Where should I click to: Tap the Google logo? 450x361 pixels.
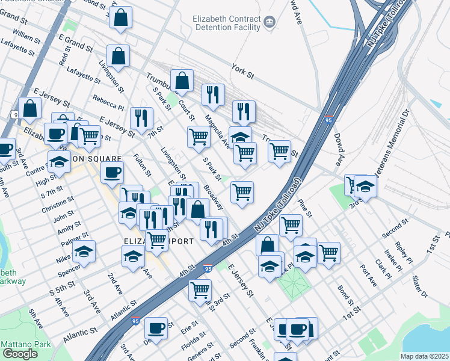click(20, 353)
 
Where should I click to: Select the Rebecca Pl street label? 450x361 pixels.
click(108, 103)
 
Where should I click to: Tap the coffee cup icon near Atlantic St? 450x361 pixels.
click(156, 328)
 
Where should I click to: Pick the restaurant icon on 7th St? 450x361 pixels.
click(141, 117)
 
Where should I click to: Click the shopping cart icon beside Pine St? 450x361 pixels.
click(291, 225)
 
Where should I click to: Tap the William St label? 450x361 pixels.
click(26, 38)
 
